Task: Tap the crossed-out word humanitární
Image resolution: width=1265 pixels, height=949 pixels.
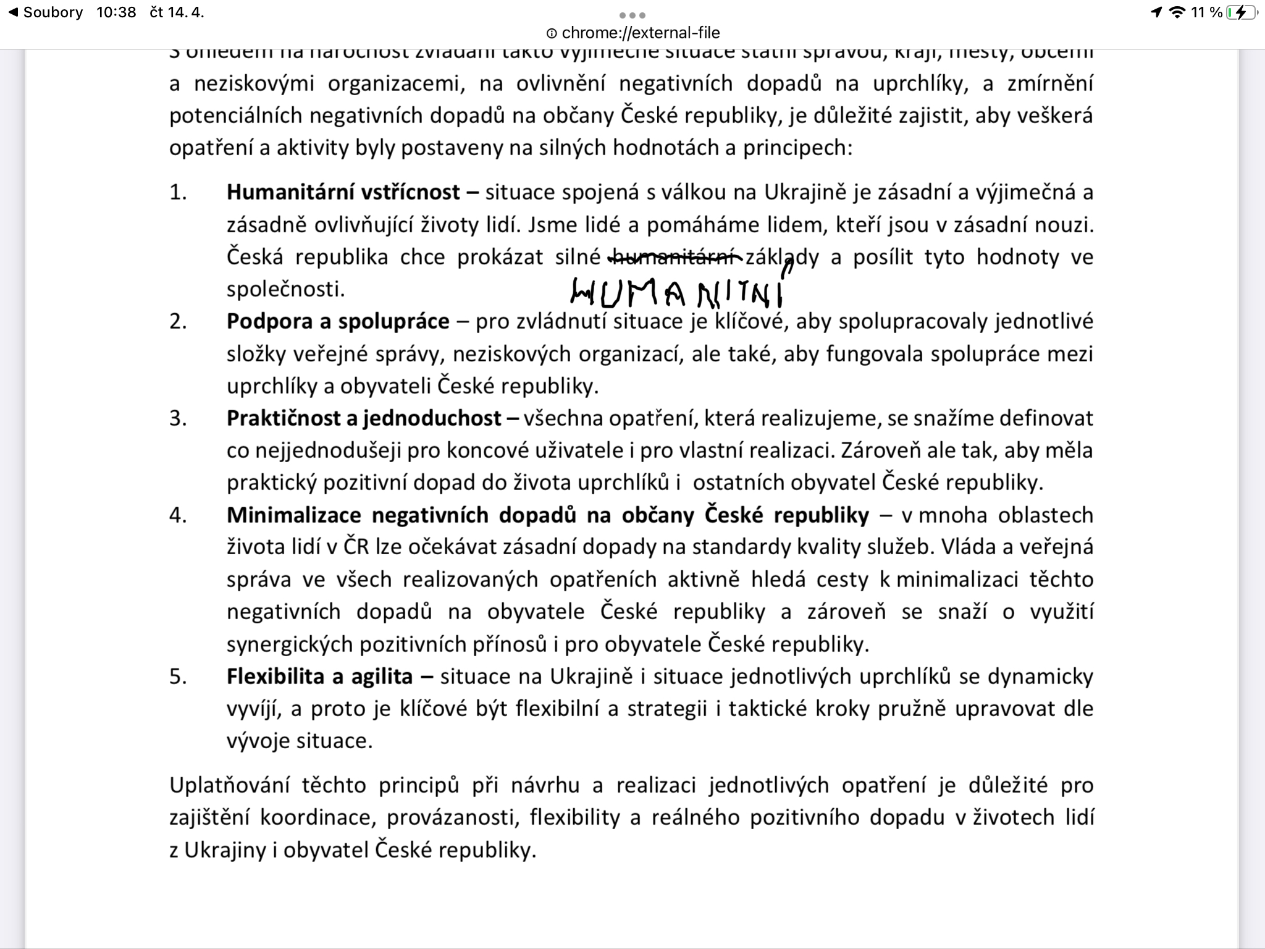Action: point(676,256)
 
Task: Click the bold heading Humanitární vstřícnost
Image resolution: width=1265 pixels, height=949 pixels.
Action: point(343,192)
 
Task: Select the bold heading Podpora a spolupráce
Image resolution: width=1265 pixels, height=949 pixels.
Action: point(338,321)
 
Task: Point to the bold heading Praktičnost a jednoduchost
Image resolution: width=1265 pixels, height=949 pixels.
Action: point(364,418)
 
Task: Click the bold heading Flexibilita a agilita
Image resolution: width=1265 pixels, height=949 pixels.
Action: point(319,677)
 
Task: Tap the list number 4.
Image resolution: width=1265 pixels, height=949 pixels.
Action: point(178,515)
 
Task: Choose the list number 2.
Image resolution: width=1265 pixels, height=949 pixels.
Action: point(178,321)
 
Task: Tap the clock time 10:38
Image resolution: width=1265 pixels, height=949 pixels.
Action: point(116,12)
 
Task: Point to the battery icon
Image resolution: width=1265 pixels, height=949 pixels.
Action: point(1241,12)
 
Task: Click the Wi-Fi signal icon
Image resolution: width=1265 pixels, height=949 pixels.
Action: point(1178,12)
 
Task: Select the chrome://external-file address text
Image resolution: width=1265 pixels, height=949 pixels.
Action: point(641,33)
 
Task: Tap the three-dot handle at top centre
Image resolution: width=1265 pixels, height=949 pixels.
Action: point(632,15)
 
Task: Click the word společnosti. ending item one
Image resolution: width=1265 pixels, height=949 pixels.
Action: point(285,289)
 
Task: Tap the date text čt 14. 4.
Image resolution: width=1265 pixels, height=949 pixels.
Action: point(177,12)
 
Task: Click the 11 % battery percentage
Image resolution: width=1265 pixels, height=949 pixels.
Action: point(1207,12)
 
